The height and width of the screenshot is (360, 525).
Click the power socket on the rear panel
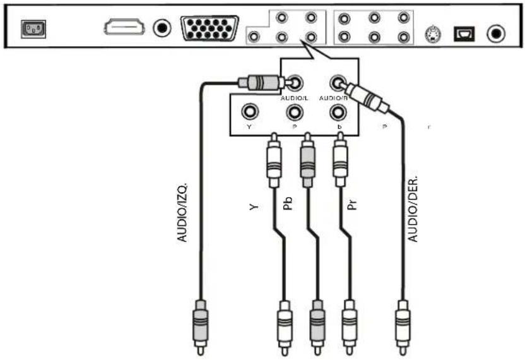(30, 29)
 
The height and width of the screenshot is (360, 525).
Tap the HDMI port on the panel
(124, 27)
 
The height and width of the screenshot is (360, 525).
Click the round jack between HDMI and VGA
(163, 28)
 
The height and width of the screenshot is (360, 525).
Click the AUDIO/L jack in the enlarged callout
(295, 82)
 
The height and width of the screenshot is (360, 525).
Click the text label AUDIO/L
(293, 98)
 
